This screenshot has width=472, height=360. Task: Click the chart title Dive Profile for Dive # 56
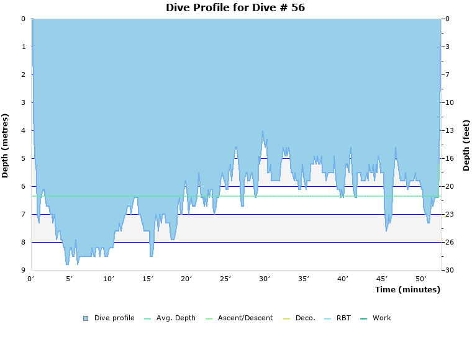[x=235, y=8]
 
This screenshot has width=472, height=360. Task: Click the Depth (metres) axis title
[x=6, y=145]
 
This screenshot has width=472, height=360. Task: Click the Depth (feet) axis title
[x=466, y=145]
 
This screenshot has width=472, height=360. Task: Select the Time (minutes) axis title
[x=407, y=290]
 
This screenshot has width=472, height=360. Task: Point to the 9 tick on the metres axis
[x=23, y=270]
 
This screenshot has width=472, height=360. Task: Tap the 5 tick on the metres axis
[x=23, y=158]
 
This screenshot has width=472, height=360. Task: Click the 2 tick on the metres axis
[x=23, y=74]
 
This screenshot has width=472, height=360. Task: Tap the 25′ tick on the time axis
[x=225, y=279]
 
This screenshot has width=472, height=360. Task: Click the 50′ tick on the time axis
[x=421, y=279]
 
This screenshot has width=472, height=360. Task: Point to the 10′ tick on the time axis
[x=109, y=279]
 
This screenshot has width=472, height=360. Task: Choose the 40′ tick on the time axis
[x=343, y=279]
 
